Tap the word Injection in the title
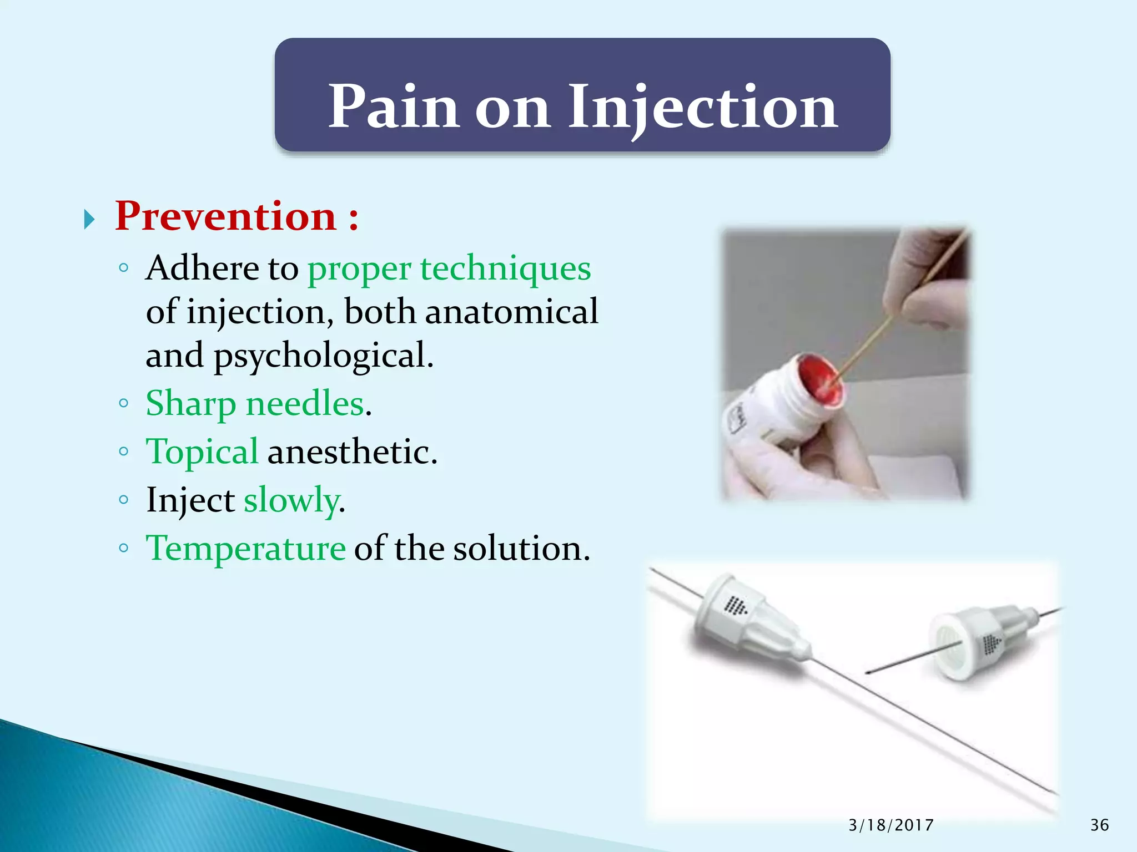(x=702, y=106)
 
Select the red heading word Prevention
(x=225, y=216)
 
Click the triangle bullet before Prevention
(x=89, y=220)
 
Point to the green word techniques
(x=505, y=268)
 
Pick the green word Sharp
(x=191, y=403)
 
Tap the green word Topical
(x=202, y=452)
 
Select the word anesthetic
(x=352, y=452)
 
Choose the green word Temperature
(x=245, y=548)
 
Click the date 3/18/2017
(x=891, y=825)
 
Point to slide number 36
(x=1099, y=825)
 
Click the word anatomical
(x=511, y=312)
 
